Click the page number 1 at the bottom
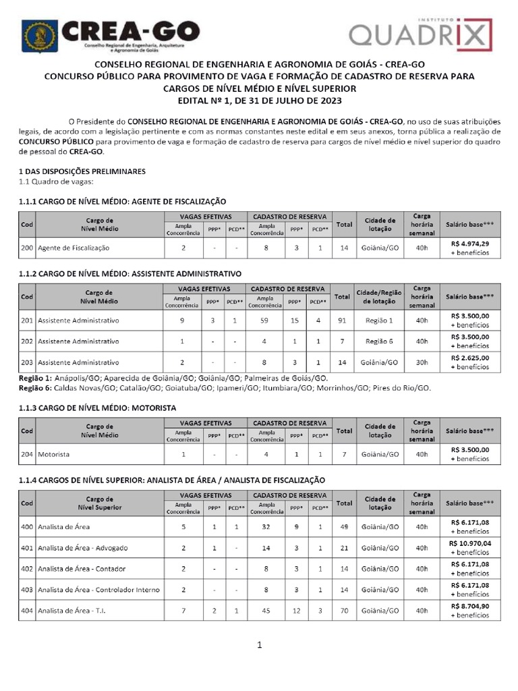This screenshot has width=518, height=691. (258, 645)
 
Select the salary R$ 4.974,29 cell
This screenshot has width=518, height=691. (470, 248)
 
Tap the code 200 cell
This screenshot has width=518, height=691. (27, 248)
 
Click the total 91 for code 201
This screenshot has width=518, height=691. (344, 320)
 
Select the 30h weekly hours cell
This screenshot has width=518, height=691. (422, 362)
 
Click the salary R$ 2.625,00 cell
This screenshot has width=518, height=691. (470, 362)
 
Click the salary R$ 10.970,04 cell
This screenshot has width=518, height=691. (470, 547)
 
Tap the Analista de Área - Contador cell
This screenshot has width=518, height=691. (82, 568)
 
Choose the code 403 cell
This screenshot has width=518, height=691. (27, 589)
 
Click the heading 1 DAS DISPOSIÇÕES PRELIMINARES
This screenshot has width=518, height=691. (82, 171)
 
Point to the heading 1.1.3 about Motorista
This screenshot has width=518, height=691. (98, 408)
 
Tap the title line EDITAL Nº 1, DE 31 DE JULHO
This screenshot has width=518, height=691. (258, 100)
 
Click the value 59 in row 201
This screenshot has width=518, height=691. (266, 320)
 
